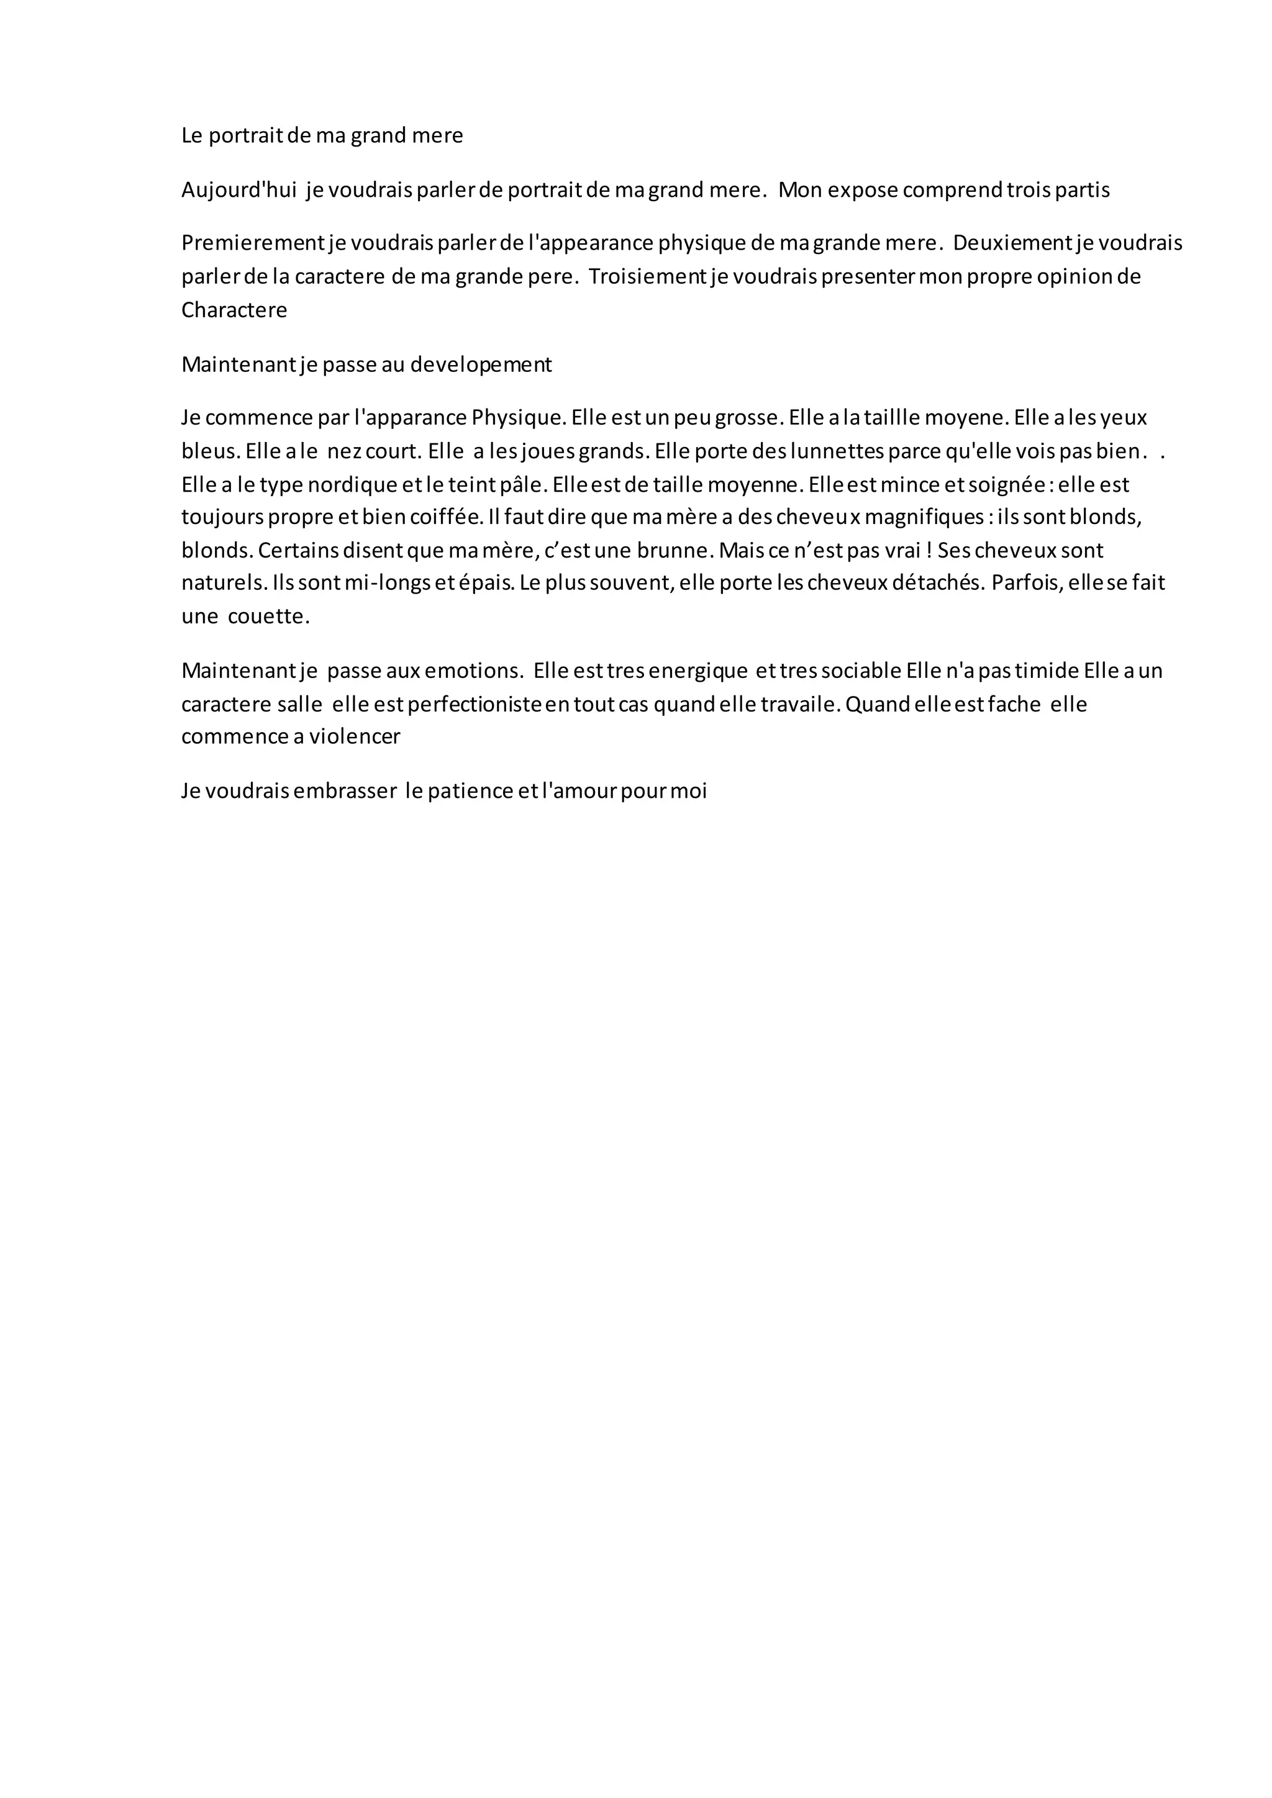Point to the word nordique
pos(352,485)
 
